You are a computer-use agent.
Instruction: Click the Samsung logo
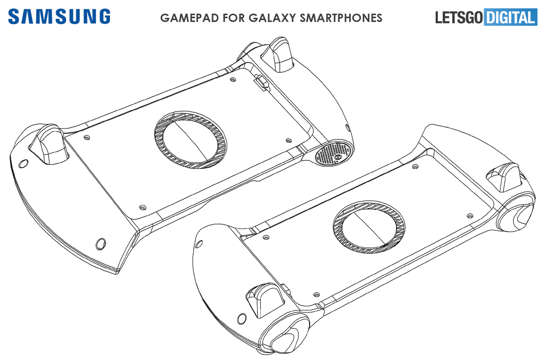(59, 17)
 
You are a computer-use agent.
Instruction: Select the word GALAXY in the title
(272, 18)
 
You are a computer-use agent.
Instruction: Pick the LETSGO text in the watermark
(459, 17)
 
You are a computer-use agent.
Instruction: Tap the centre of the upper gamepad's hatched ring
(191, 140)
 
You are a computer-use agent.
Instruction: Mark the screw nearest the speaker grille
(289, 141)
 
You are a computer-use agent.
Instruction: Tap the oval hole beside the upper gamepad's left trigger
(23, 164)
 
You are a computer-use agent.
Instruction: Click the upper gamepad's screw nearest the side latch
(233, 80)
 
